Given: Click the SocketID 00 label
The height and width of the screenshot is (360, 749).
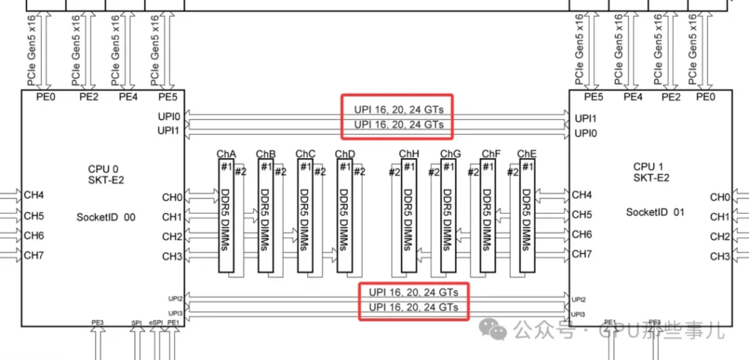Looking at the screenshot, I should (x=105, y=217).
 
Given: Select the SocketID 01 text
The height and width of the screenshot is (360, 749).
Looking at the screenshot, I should (x=655, y=212).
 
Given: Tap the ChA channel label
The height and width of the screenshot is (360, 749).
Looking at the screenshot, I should (x=226, y=154).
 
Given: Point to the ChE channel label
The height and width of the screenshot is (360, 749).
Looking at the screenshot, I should (x=527, y=154).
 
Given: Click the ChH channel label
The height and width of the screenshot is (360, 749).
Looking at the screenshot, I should (x=409, y=154).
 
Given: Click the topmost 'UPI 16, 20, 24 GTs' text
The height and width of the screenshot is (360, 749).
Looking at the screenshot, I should (x=399, y=109).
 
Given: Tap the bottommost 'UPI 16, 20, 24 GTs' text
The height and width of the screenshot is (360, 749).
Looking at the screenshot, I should (x=413, y=307).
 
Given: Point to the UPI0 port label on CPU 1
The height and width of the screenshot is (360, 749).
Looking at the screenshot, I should (x=585, y=133).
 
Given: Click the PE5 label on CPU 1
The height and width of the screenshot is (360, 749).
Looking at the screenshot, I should (x=593, y=97).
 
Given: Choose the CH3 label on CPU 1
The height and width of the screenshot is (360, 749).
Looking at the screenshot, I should (x=720, y=256).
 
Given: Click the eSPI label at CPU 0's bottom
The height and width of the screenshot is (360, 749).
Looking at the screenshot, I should (x=156, y=322).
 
